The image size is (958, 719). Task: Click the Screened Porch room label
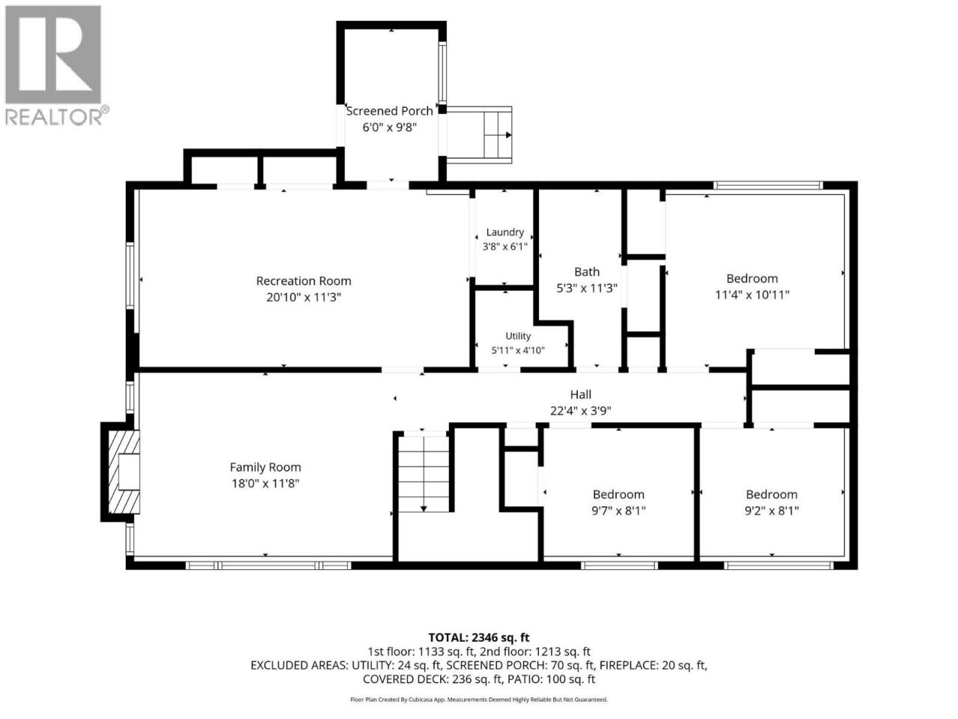click(x=389, y=111)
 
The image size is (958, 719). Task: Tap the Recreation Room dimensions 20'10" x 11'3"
click(x=303, y=297)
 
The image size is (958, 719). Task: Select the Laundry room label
click(x=505, y=232)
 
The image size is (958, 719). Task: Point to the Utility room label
click(x=518, y=336)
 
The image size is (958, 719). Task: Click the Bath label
click(x=587, y=272)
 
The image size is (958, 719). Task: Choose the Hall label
click(x=581, y=395)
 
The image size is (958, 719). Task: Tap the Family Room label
click(x=266, y=467)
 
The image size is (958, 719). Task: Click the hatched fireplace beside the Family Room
click(x=124, y=472)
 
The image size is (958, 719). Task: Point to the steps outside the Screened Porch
click(x=497, y=135)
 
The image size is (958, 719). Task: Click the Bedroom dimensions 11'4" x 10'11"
click(x=752, y=295)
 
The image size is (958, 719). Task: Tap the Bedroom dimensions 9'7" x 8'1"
click(x=618, y=510)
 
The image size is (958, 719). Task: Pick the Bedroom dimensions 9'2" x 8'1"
click(x=772, y=510)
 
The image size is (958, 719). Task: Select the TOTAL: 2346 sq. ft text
click(x=479, y=638)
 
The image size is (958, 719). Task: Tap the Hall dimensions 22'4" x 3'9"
click(x=581, y=410)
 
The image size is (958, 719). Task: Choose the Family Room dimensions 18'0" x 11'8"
click(x=266, y=484)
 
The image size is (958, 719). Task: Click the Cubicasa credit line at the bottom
click(x=479, y=700)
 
